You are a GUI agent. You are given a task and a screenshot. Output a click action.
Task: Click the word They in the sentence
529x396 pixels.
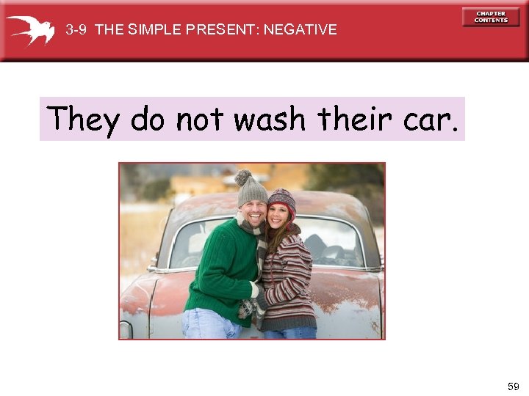83,118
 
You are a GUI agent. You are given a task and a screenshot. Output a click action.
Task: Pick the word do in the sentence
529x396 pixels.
148,118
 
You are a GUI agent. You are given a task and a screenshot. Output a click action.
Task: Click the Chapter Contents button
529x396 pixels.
491,17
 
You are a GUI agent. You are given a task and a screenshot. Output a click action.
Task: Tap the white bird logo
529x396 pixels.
30,29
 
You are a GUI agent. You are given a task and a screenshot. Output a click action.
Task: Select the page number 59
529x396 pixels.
513,386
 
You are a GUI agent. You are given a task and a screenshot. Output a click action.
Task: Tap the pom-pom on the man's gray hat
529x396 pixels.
242,177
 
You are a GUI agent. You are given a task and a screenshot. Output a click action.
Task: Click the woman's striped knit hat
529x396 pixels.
281,199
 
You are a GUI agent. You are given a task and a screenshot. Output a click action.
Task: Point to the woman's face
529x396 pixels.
280,219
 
